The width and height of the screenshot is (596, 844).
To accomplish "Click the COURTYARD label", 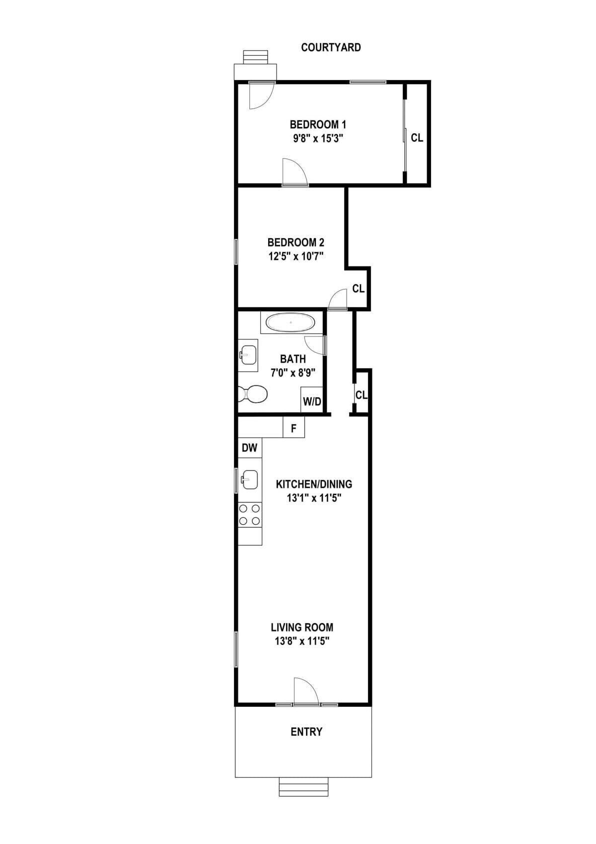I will click(331, 48).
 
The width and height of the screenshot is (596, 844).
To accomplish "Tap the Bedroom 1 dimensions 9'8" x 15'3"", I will click(318, 138).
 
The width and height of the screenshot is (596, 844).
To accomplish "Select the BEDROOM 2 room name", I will click(296, 243).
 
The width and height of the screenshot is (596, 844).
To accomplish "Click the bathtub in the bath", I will click(291, 323).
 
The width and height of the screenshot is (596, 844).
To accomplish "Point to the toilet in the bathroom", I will click(253, 394).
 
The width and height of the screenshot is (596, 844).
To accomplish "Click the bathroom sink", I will click(248, 355).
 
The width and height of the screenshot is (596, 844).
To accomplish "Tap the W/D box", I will click(312, 401).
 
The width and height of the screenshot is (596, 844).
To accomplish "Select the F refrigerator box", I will click(294, 428).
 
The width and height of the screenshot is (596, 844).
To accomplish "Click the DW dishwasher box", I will click(249, 448).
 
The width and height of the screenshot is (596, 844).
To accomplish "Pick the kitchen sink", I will click(249, 480).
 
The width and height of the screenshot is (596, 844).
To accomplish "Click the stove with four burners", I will click(250, 514).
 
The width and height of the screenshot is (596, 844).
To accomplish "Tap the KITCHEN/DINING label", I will click(314, 484).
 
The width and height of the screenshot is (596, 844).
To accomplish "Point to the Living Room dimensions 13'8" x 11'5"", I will click(302, 641).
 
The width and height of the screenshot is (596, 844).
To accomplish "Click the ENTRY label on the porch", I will click(306, 732).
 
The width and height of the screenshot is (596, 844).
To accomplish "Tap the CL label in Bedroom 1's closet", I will click(417, 138).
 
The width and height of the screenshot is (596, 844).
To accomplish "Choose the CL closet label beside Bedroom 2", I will click(358, 288).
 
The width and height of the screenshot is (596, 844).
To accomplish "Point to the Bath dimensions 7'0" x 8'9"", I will click(293, 372).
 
